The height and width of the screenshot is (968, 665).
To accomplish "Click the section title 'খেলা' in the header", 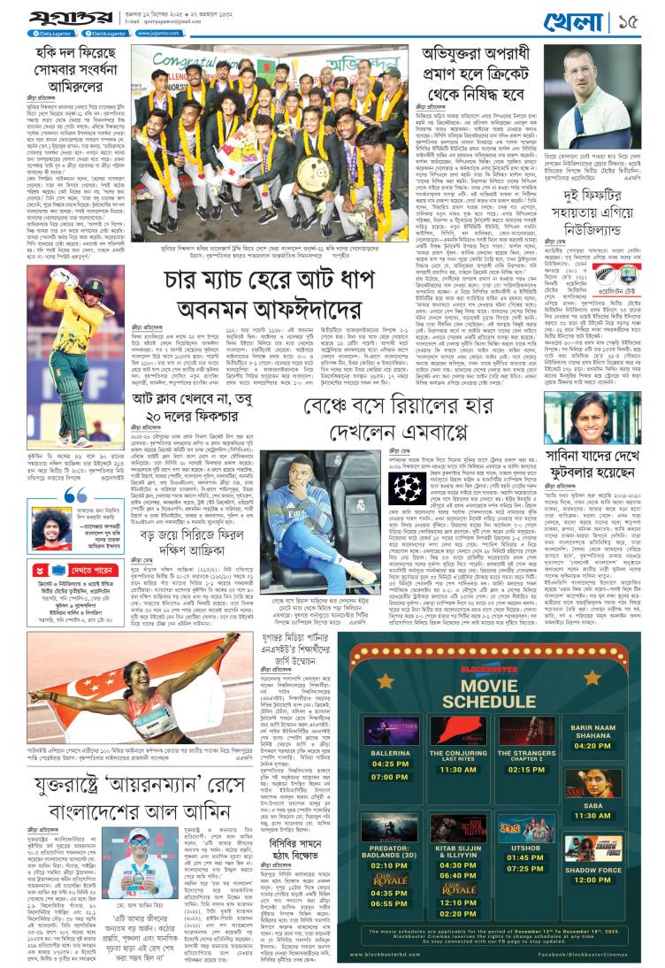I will (x=602, y=19).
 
